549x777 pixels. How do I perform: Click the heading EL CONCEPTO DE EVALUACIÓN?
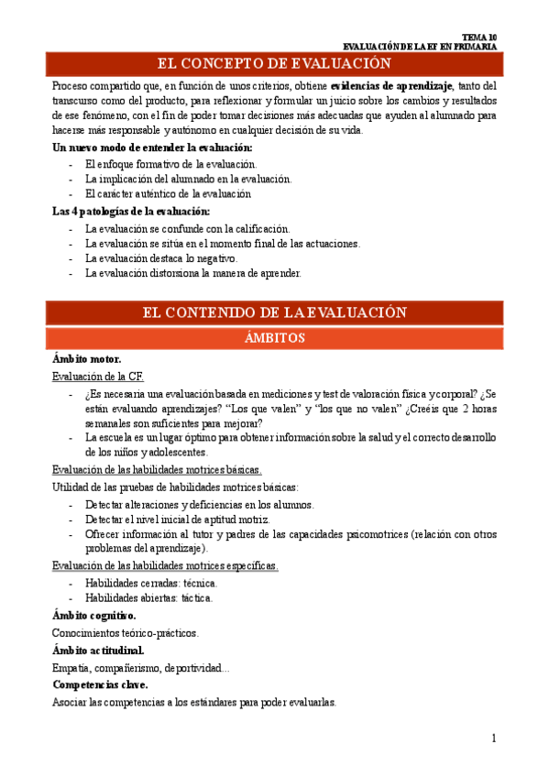274,64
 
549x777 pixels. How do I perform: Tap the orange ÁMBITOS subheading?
274,338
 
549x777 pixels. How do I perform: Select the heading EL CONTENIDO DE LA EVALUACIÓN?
274,312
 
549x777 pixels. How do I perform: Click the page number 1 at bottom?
493,738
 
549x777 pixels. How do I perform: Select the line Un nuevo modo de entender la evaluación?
152,148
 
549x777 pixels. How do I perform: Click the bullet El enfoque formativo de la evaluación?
170,164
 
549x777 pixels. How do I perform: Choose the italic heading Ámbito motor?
87,359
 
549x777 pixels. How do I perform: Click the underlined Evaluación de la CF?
97,377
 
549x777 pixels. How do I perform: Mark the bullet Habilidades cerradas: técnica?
151,583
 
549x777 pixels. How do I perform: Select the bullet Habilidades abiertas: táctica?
148,598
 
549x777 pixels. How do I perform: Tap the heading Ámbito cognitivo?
94,616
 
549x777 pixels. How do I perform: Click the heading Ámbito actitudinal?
98,651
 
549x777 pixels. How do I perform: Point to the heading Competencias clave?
100,684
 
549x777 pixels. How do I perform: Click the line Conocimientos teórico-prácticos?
125,633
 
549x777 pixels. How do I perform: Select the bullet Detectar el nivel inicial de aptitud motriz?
177,520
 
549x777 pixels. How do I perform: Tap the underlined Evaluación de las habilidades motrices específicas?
165,565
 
